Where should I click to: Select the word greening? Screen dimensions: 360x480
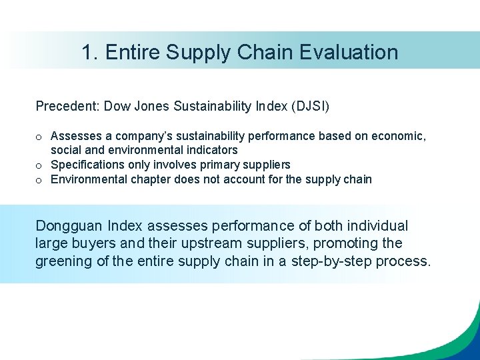pos(64,261)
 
